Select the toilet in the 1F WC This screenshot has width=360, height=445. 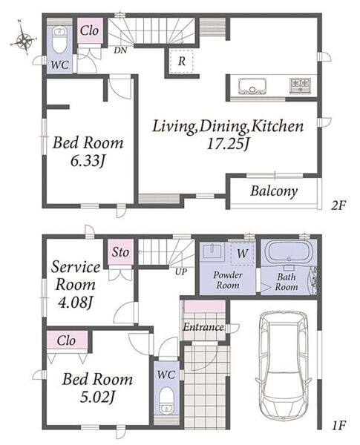pyautogui.click(x=166, y=401)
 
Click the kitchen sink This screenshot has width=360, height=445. pyautogui.click(x=252, y=86)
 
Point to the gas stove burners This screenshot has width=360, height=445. pyautogui.click(x=300, y=85)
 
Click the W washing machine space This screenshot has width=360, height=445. pyautogui.click(x=242, y=254)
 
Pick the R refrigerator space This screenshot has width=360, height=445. pyautogui.click(x=182, y=61)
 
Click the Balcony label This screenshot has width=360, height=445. pyautogui.click(x=274, y=191)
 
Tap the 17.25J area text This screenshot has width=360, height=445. pyautogui.click(x=228, y=144)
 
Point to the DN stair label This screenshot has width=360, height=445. pyautogui.click(x=120, y=50)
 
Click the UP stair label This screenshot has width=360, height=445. pyautogui.click(x=181, y=271)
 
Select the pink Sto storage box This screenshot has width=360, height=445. pyautogui.click(x=120, y=252)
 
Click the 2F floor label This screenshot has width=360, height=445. pyautogui.click(x=338, y=205)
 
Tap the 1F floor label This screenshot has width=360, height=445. pyautogui.click(x=338, y=425)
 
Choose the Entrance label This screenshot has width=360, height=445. pyautogui.click(x=203, y=327)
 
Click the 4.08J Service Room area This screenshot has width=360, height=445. pyautogui.click(x=75, y=303)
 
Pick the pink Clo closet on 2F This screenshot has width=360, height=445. pyautogui.click(x=90, y=30)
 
